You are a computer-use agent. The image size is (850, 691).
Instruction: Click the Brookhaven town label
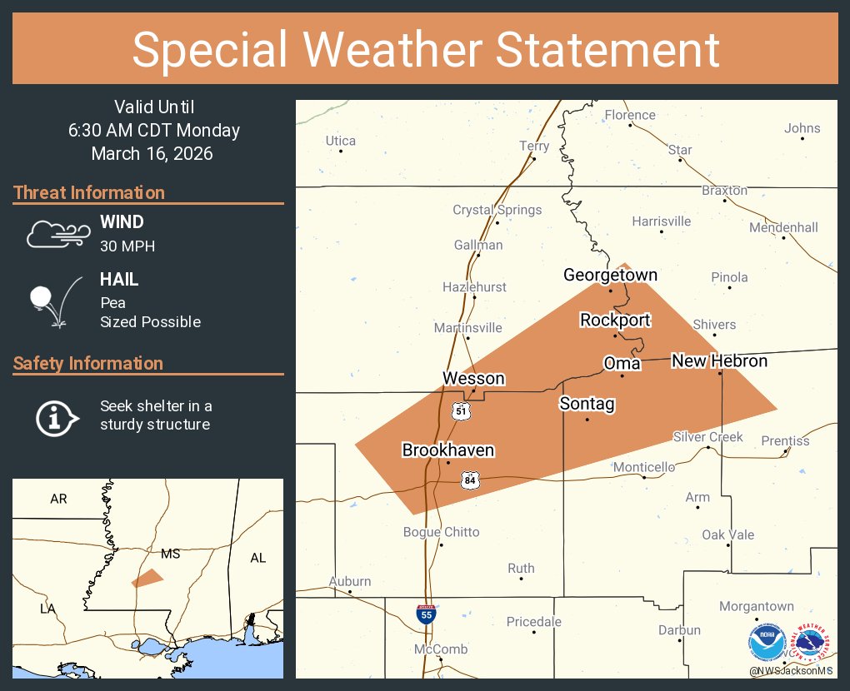coord(448,450)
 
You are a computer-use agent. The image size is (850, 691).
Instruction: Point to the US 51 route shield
coord(461,410)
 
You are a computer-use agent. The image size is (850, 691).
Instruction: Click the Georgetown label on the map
coord(610,275)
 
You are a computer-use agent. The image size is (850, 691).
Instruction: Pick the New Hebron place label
coord(719,360)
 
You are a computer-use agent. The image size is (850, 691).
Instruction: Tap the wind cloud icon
coord(57,234)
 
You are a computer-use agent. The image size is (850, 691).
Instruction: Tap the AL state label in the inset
coord(257,559)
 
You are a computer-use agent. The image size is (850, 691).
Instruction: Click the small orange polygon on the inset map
coord(147,578)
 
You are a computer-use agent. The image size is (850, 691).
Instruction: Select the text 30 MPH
coord(127,246)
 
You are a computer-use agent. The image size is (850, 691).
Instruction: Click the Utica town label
coord(340,141)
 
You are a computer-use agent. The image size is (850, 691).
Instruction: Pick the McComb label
coord(441,649)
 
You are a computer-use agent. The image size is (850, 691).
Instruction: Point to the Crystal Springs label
coord(497,210)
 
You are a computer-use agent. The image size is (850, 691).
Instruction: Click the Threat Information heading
coord(89,192)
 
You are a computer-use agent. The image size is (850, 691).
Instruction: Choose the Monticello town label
coord(643,467)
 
